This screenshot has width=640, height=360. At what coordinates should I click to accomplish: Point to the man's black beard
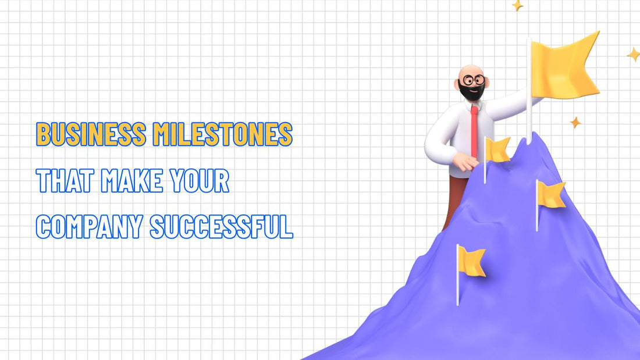[x=470, y=92]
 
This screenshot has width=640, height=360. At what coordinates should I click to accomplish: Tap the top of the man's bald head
[x=470, y=69]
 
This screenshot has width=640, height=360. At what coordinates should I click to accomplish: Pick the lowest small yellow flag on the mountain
[x=471, y=261]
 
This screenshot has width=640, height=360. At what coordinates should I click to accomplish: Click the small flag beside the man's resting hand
[x=497, y=150]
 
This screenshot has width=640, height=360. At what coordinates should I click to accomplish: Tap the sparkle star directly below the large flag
[x=575, y=122]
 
